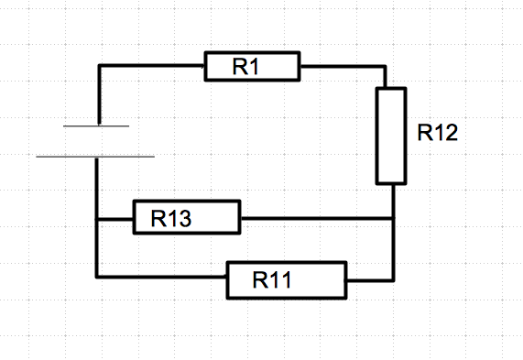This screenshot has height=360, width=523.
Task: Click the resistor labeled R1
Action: click(x=252, y=67)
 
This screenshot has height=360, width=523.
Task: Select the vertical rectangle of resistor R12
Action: click(x=391, y=136)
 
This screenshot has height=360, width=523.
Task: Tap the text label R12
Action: click(x=437, y=133)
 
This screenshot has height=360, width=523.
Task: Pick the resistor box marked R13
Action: click(x=186, y=218)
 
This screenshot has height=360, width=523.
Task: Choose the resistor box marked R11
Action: click(x=287, y=279)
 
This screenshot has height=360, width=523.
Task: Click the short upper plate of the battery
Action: click(x=96, y=125)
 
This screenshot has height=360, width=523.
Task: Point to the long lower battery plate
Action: click(x=95, y=157)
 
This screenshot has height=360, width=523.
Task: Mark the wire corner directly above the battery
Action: click(x=97, y=66)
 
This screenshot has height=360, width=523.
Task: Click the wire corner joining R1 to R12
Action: click(x=392, y=66)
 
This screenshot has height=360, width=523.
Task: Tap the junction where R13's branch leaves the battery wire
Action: click(x=97, y=219)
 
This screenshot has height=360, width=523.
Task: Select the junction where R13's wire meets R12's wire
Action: click(x=392, y=219)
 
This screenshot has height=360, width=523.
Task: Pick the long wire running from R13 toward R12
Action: click(x=316, y=219)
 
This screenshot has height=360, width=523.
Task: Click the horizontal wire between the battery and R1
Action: click(x=151, y=66)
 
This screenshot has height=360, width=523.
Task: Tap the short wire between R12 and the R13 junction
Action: click(x=392, y=202)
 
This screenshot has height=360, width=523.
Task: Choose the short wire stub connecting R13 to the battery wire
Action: click(x=115, y=219)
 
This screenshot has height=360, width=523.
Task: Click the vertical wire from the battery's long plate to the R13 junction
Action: click(x=97, y=188)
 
